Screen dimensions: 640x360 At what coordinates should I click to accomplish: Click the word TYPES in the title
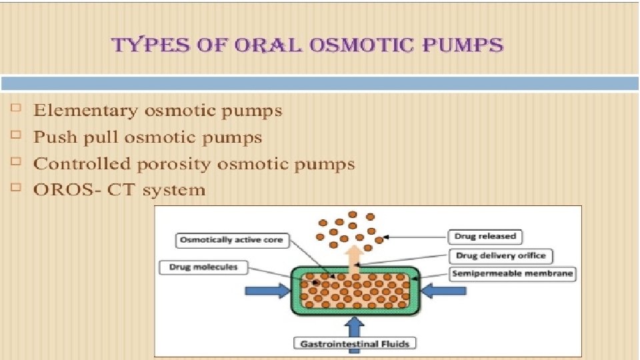click(141, 45)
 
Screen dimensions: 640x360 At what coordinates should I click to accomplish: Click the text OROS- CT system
click(119, 190)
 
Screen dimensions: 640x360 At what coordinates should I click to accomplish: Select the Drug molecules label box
click(203, 268)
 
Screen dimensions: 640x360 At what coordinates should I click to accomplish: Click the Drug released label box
click(485, 236)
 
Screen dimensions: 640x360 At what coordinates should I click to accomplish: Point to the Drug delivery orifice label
click(501, 255)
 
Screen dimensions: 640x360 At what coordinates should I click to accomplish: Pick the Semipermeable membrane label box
click(512, 273)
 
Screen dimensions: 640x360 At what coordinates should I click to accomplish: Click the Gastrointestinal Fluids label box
click(354, 343)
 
